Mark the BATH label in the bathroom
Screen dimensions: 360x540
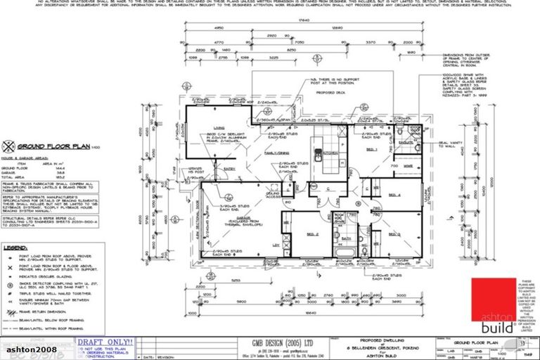point(345,238)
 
